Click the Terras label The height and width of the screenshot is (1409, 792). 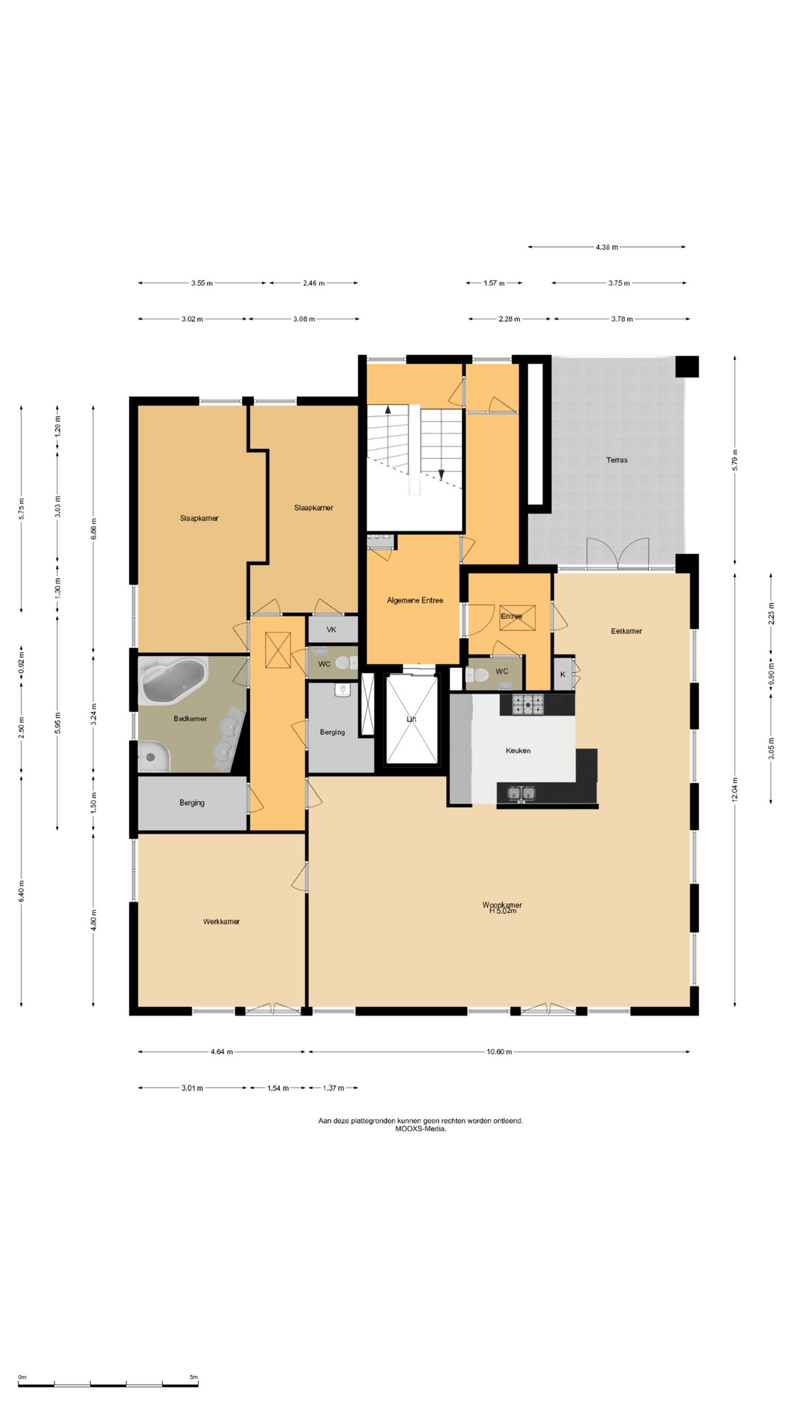(x=617, y=460)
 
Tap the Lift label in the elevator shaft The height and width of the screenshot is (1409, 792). (x=411, y=719)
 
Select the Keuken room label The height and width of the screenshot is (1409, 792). (x=518, y=751)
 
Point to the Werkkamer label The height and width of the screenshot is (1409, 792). (x=221, y=922)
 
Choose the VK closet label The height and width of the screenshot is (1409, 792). (x=331, y=630)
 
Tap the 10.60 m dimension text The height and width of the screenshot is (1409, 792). (x=499, y=1052)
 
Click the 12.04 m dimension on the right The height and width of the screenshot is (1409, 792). (x=735, y=790)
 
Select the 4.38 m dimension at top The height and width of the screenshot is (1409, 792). (x=606, y=247)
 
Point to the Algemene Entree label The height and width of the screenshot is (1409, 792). (x=415, y=600)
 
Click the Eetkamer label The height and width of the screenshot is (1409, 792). (x=626, y=631)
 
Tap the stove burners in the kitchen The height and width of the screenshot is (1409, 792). (x=528, y=704)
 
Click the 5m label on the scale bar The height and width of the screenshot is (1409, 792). (x=194, y=1377)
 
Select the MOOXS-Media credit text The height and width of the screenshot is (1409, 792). (x=420, y=1129)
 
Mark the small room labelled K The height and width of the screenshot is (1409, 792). (x=563, y=674)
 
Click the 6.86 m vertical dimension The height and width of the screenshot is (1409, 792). (x=93, y=528)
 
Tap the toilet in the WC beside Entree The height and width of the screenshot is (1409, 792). (x=477, y=674)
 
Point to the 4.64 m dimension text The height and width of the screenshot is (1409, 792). (x=221, y=1052)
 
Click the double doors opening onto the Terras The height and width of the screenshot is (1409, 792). (x=617, y=553)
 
